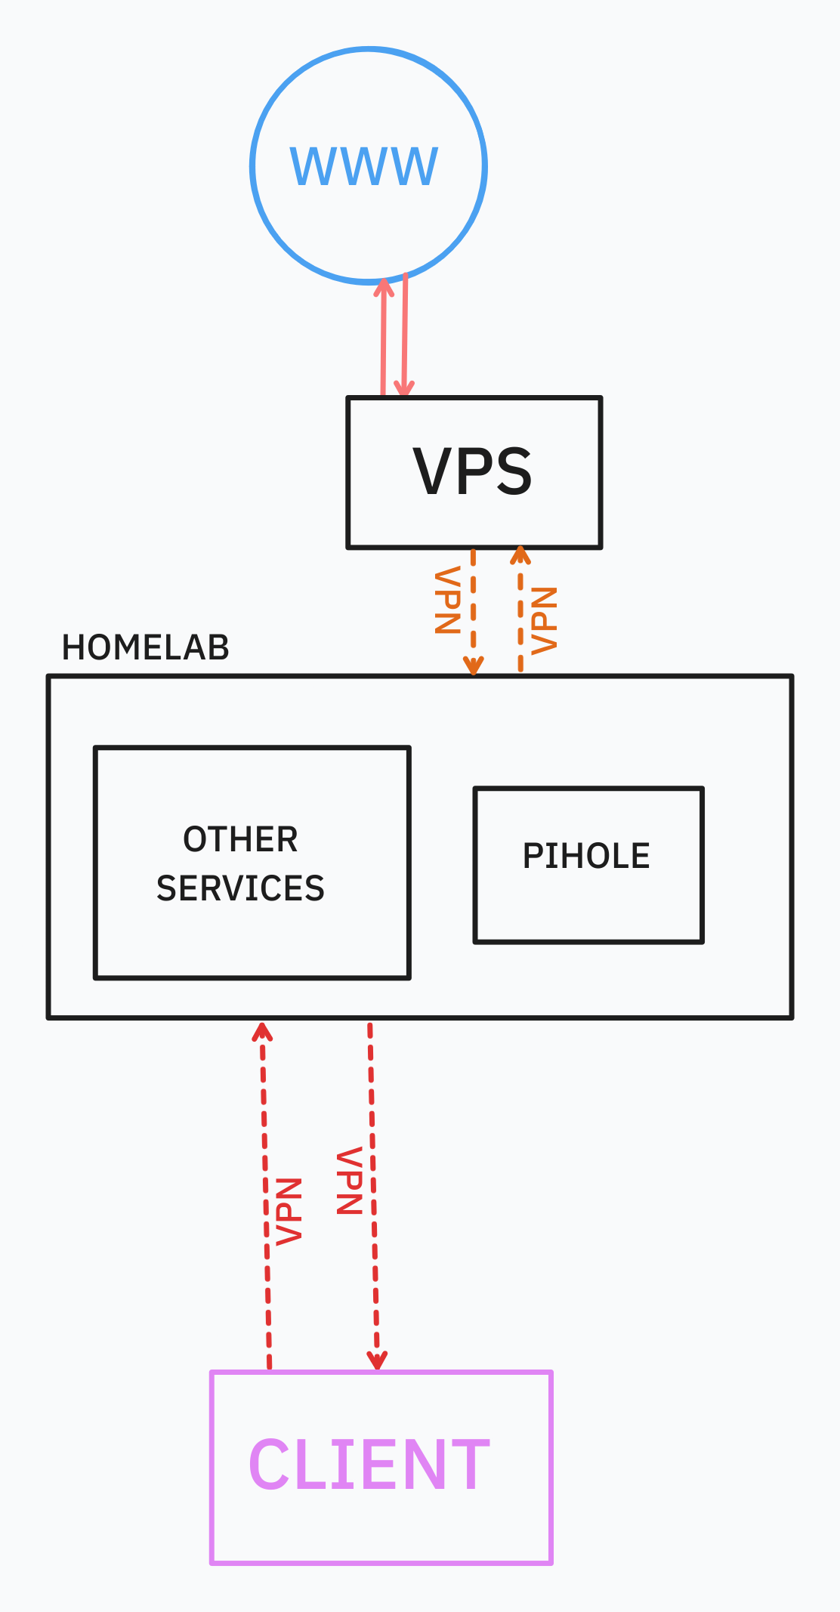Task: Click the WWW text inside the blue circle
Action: pyautogui.click(x=364, y=166)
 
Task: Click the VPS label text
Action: pyautogui.click(x=473, y=472)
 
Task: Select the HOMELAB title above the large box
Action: pyautogui.click(x=145, y=647)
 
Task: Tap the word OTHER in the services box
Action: pyautogui.click(x=240, y=839)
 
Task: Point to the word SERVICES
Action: pyautogui.click(x=240, y=888)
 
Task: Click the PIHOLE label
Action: pyautogui.click(x=586, y=856)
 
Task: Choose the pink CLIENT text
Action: pyautogui.click(x=369, y=1465)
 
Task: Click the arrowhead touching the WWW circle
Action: pyautogui.click(x=384, y=288)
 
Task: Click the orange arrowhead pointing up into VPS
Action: pyautogui.click(x=520, y=557)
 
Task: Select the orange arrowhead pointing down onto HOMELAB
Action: pyautogui.click(x=473, y=665)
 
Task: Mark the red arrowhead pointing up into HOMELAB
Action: pyautogui.click(x=262, y=1032)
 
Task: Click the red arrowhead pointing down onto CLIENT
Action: pyautogui.click(x=377, y=1360)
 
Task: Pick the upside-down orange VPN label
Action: pyautogui.click(x=448, y=600)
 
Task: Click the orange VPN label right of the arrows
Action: pyautogui.click(x=544, y=620)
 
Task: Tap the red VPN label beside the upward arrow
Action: pyautogui.click(x=289, y=1210)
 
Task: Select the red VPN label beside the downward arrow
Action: pyautogui.click(x=350, y=1181)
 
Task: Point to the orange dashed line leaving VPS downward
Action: pyautogui.click(x=473, y=604)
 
